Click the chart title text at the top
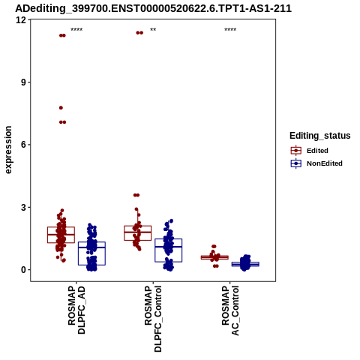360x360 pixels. tap(153, 8)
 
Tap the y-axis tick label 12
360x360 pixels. tap(21, 20)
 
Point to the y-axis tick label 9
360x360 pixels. tap(24, 82)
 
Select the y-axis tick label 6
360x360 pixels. tap(24, 145)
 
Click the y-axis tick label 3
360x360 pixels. tap(24, 207)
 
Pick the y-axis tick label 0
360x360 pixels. tap(24, 270)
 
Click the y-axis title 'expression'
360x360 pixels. tap(8, 150)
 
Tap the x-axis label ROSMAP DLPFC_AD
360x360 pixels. tap(76, 310)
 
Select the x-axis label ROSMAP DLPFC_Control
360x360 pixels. tap(153, 319)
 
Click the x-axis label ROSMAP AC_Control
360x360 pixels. tap(230, 310)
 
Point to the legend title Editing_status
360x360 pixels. tap(320, 136)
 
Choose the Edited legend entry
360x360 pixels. tap(310, 151)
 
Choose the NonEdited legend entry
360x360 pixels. tap(316, 163)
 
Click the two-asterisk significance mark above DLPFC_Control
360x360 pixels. tap(153, 30)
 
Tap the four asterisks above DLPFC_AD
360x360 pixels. tap(76, 30)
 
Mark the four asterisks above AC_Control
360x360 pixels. tap(230, 30)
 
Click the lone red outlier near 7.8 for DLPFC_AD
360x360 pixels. tap(61, 108)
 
